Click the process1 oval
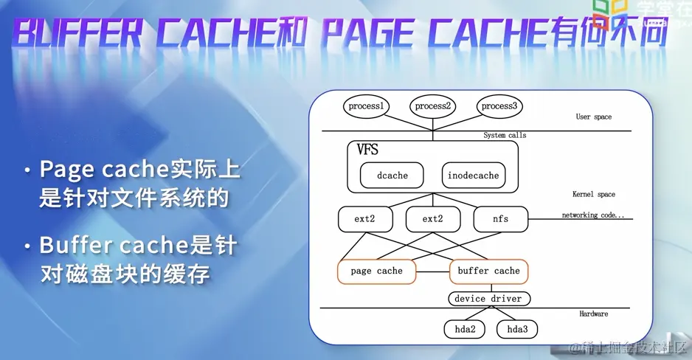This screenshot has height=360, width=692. click(367, 106)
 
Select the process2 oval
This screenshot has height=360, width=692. click(432, 106)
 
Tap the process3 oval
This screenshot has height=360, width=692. click(499, 106)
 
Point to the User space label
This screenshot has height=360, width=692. click(593, 117)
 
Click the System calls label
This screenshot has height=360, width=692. click(505, 135)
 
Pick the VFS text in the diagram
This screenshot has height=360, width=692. click(367, 150)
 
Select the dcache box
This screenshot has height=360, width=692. click(392, 176)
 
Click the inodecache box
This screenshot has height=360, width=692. click(473, 176)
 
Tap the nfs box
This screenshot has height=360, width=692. click(500, 219)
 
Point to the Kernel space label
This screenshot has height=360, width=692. click(593, 195)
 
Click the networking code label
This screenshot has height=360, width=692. click(592, 215)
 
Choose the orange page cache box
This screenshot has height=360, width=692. click(376, 271)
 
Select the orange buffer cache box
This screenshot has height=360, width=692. click(488, 271)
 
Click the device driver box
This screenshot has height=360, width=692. click(488, 299)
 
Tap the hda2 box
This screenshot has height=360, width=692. click(464, 329)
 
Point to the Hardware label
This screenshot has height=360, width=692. click(593, 314)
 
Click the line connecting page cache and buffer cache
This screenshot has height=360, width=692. click(432, 271)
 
